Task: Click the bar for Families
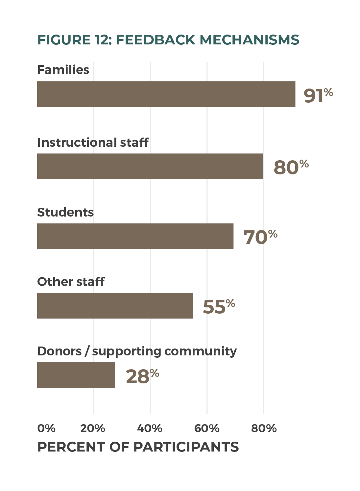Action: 166,94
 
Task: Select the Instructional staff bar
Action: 150,166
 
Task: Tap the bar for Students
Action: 135,236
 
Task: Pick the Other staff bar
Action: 115,306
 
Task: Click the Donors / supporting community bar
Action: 76,375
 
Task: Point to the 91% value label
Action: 318,95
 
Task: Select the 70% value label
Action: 260,237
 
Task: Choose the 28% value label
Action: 142,376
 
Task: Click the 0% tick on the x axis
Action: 46,428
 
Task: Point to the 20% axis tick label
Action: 93,428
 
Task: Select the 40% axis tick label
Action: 150,428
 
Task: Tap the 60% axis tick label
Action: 207,428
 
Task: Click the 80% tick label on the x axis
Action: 264,428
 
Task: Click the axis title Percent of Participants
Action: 138,447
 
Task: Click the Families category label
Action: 63,70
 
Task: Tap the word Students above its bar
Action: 65,212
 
